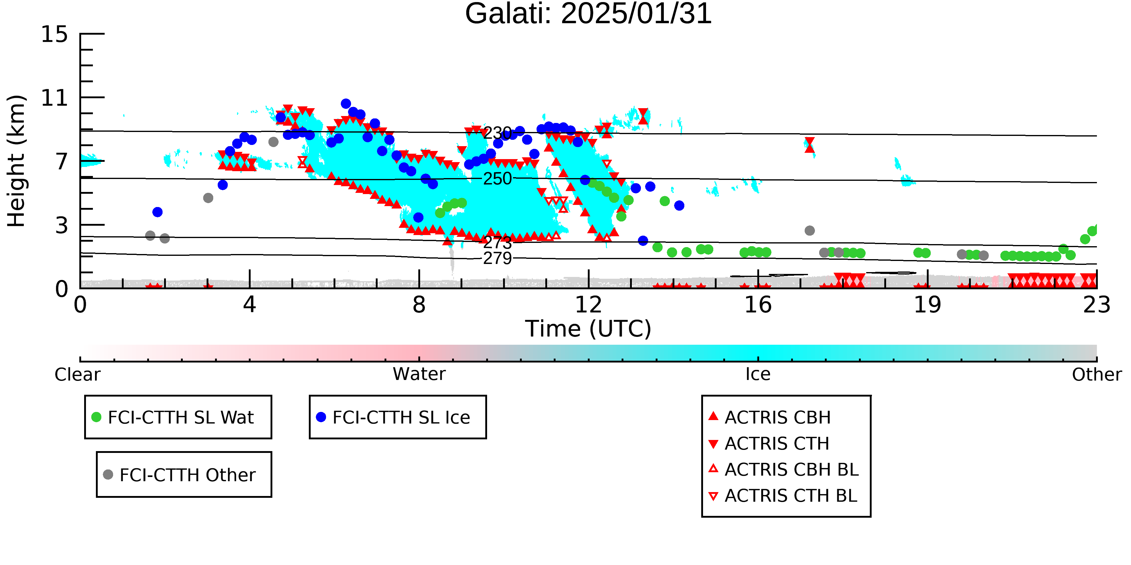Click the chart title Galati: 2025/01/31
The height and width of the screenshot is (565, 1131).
coord(588,14)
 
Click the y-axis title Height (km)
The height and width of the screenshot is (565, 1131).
coord(16,161)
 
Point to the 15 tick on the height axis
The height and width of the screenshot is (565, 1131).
coord(55,34)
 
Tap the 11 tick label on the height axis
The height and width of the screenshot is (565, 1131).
coord(55,98)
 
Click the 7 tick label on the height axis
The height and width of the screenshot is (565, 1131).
coord(62,162)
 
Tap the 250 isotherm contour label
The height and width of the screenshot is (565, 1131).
coord(497,178)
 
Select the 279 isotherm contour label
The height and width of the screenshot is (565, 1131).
coord(497,258)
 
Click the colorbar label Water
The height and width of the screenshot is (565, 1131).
coord(419,374)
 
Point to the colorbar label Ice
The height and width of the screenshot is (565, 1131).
coord(758,374)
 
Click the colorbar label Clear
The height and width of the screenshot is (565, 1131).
coord(77,375)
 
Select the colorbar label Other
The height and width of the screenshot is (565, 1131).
coord(1097,375)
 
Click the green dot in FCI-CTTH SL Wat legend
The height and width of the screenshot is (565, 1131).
coord(96,417)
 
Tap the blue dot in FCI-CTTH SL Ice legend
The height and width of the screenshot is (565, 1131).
coord(321,417)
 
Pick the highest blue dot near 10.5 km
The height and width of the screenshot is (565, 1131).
coord(346,104)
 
